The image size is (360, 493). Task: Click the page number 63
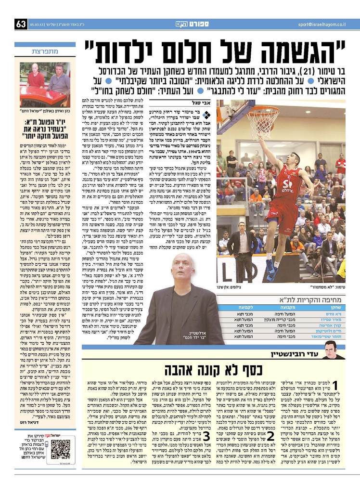click(21, 24)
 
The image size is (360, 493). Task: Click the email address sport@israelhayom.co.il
click(321, 24)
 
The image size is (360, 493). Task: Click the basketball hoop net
click(263, 121)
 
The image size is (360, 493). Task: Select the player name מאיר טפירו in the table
click(333, 319)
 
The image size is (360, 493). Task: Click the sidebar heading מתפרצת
click(45, 52)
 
